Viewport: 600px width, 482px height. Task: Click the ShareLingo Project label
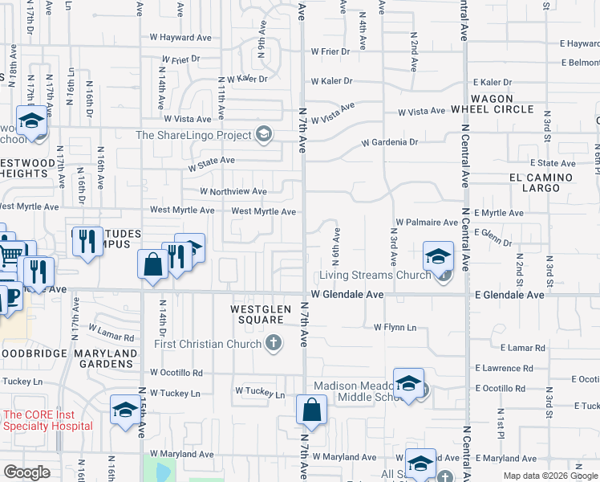[196, 135]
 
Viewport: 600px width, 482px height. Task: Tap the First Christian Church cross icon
[274, 344]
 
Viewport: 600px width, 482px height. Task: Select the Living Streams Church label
[375, 276]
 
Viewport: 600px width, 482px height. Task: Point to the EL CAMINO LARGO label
[540, 182]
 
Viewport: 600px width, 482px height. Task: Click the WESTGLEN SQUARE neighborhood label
[257, 313]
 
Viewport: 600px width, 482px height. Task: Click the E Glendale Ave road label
[509, 295]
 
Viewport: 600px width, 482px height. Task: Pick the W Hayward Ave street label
[180, 37]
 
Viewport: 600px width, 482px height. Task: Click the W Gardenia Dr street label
[390, 142]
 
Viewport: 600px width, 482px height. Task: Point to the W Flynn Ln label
[395, 327]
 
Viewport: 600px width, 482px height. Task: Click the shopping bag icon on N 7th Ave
[310, 411]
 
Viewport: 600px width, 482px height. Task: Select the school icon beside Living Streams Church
[438, 257]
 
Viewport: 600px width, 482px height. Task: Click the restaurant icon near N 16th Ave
[86, 241]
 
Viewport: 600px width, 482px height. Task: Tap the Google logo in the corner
[26, 472]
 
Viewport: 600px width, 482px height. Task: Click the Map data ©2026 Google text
[549, 476]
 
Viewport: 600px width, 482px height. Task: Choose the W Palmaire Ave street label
[425, 222]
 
